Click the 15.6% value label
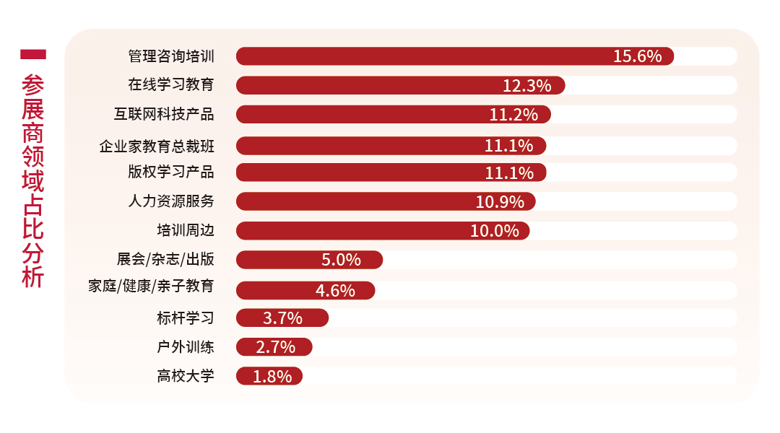point(637,56)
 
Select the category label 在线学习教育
point(171,85)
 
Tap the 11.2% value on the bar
point(513,115)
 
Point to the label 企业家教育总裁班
point(157,146)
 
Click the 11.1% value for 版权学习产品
point(508,172)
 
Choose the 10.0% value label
point(495,231)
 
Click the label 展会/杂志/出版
point(165,260)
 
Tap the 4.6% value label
point(335,291)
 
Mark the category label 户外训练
point(186,347)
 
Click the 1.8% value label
point(272,376)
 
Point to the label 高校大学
point(186,376)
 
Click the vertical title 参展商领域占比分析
point(33,180)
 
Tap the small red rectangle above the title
point(33,54)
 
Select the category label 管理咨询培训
point(171,56)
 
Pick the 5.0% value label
point(341,260)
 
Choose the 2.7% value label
point(275,347)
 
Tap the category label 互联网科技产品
point(164,115)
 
